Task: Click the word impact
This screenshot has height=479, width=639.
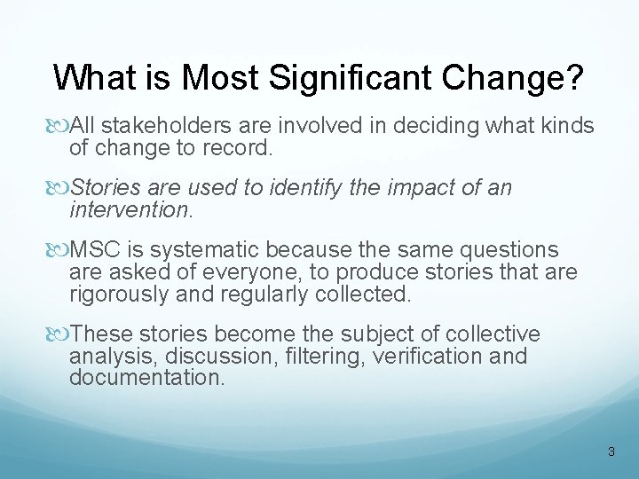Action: [x=410, y=189]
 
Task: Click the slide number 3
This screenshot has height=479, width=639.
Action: [x=611, y=452]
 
